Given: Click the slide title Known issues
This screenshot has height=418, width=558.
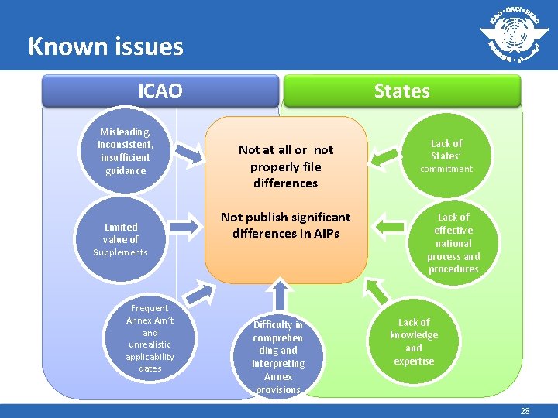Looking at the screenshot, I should coord(105,46).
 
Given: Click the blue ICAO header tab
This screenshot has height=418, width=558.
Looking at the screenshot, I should coord(160,91).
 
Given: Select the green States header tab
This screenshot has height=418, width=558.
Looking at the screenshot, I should coord(401,91).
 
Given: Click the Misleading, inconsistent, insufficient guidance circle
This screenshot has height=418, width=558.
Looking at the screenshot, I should coord(126,151).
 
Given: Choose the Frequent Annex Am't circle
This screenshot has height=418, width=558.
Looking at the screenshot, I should coord(150,338).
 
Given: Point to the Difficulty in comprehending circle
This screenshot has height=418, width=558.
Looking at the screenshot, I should coord(277,356).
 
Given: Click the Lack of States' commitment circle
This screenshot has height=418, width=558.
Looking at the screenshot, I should coord(446,155).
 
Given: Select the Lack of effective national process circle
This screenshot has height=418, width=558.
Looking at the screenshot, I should coord(453,243).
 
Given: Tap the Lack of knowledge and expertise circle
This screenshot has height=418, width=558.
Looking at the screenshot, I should coord(414,341).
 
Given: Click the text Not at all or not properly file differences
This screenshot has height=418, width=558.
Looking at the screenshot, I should coord(285,166).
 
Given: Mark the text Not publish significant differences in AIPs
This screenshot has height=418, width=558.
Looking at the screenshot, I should coord(285,224).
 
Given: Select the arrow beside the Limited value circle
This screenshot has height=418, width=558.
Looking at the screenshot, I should coord(185,225).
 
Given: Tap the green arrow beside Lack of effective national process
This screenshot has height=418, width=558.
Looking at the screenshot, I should coord(388,225).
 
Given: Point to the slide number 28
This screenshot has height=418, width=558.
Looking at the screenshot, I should coord(525,411).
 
